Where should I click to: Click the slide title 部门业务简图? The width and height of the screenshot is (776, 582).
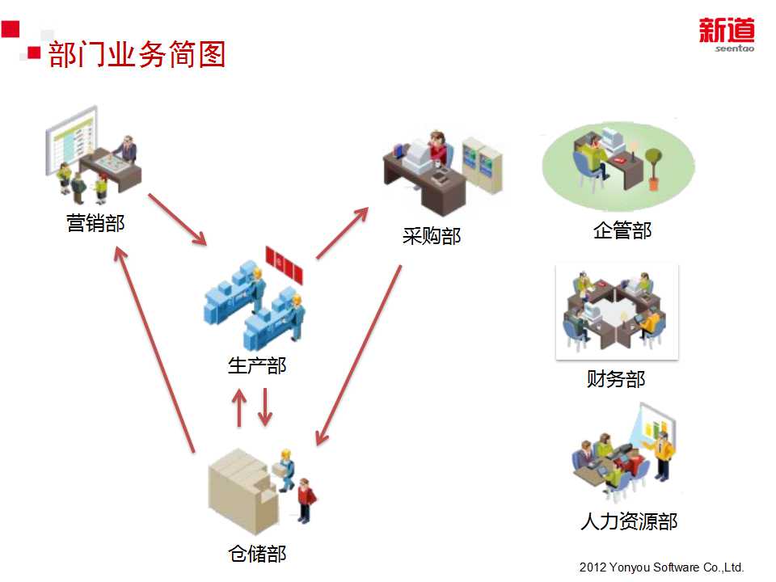(136, 55)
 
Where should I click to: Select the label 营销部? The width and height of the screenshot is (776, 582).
(96, 223)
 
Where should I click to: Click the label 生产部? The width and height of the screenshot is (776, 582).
(257, 365)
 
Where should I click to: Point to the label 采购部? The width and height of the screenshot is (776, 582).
(432, 236)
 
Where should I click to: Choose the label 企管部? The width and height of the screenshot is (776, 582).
(622, 231)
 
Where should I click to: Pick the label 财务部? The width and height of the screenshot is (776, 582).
(616, 379)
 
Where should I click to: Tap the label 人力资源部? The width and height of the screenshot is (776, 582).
(628, 521)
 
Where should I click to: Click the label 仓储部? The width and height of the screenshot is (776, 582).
(257, 554)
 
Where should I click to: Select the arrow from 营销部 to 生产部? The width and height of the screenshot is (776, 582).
(177, 219)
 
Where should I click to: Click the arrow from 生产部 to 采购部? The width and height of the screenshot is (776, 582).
(342, 233)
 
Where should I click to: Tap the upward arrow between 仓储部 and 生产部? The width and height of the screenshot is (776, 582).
(238, 408)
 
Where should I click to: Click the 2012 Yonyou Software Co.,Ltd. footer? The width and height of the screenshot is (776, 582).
(661, 567)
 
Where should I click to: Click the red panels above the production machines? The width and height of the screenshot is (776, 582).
(285, 265)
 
